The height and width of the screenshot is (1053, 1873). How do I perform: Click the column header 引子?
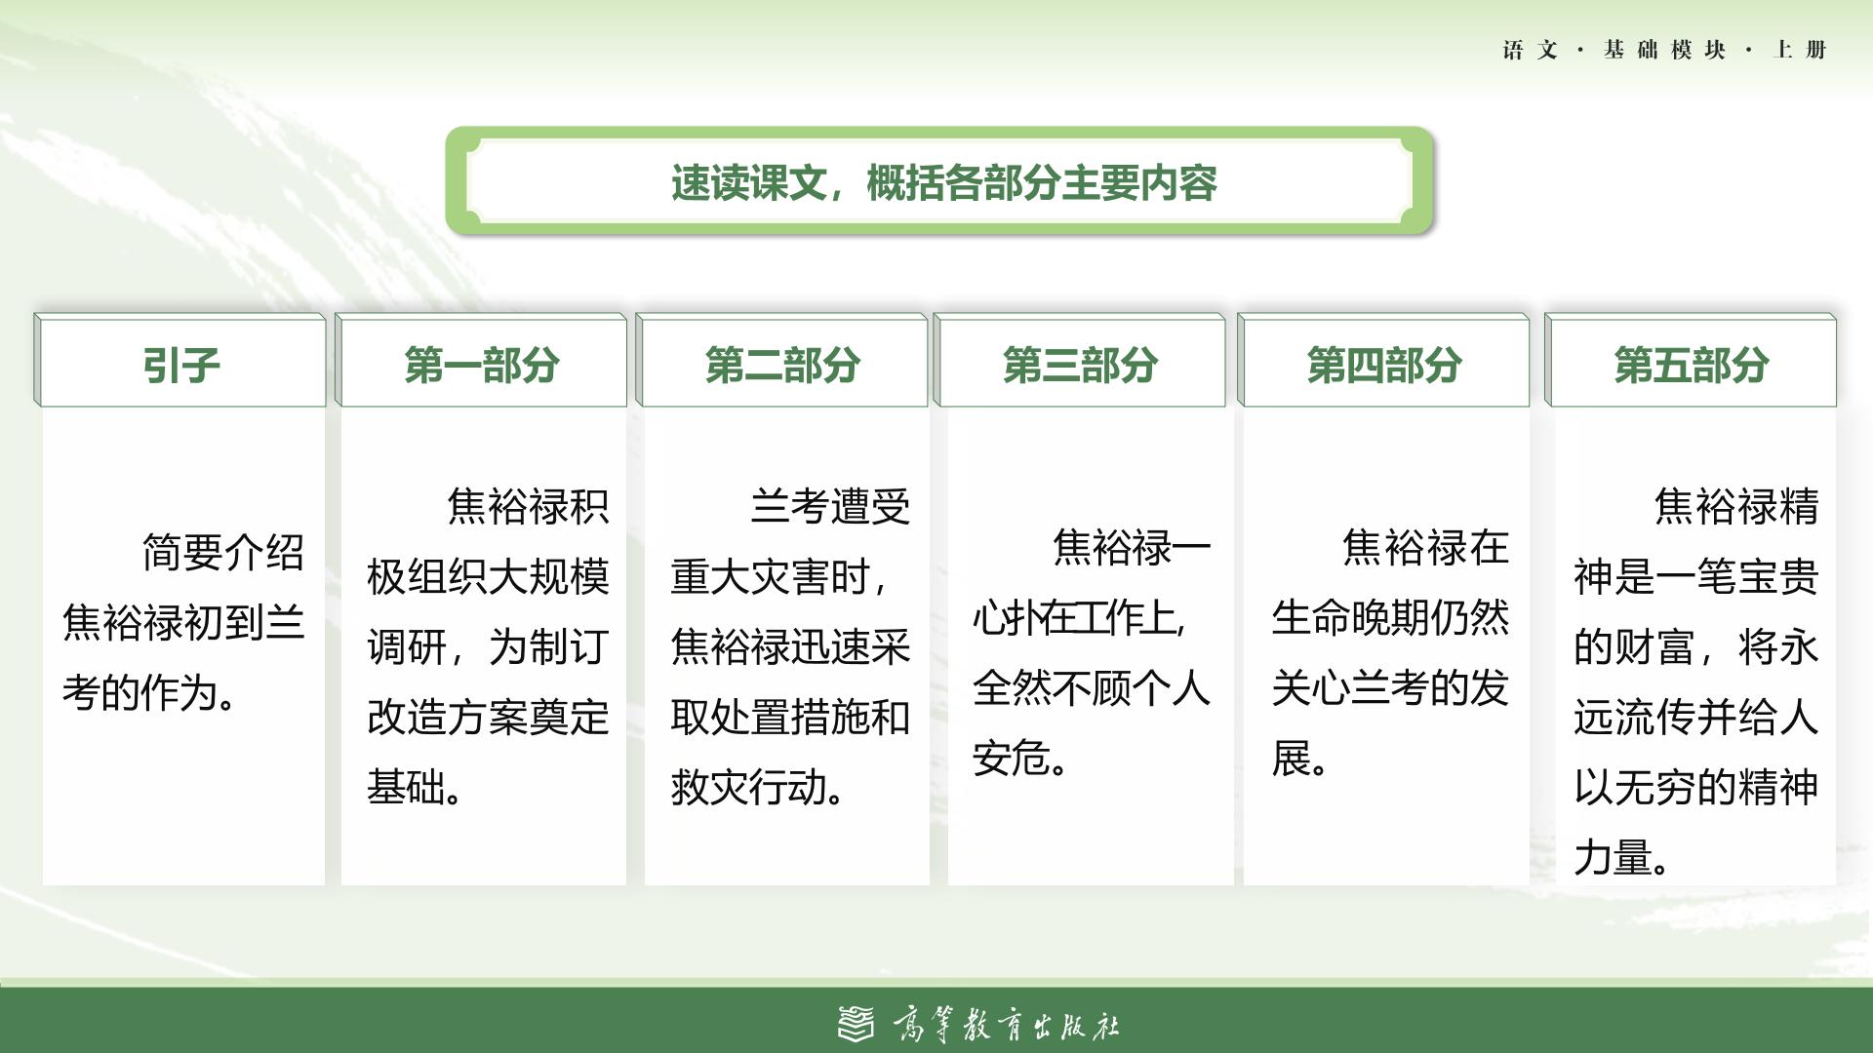coord(180,365)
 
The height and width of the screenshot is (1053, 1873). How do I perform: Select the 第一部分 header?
coord(481,365)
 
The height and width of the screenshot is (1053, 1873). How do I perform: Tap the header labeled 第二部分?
coord(781,365)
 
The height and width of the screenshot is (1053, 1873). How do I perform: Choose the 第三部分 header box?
coord(1080,365)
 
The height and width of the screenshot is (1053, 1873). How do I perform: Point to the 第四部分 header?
coord(1383,365)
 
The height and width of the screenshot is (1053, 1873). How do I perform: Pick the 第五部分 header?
coord(1691,365)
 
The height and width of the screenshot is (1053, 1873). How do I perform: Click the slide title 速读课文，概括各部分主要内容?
coord(943,183)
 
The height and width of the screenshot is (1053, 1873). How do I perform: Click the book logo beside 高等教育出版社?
coord(857,1023)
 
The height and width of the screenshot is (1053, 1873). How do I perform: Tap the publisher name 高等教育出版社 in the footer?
coord(1006,1025)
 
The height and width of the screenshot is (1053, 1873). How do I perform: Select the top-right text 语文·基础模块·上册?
coord(1664,50)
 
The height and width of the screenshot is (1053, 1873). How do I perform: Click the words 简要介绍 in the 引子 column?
coord(223,553)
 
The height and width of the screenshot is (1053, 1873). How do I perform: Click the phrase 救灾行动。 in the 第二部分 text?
coord(759,787)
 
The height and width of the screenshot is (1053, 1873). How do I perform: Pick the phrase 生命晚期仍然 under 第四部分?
coord(1391,617)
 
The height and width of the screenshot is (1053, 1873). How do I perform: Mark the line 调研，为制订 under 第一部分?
coord(488,646)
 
